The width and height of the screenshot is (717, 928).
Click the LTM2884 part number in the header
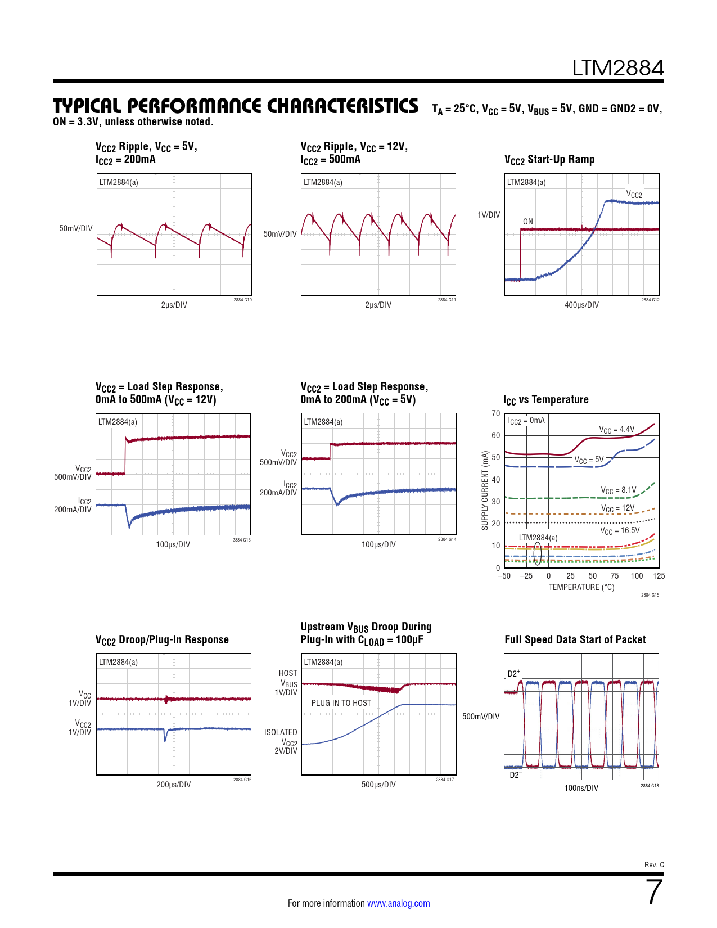click(617, 68)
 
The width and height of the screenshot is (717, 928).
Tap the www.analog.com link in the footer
click(398, 903)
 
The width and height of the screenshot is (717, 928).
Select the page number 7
click(654, 892)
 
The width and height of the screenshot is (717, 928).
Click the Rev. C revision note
click(654, 865)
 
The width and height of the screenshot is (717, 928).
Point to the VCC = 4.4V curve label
click(616, 430)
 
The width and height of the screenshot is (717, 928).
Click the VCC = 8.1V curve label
click(618, 490)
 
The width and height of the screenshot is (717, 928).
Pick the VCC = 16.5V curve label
click(619, 531)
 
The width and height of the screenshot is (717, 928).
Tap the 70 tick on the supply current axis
click(495, 413)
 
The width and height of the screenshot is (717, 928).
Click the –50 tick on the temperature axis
click(504, 576)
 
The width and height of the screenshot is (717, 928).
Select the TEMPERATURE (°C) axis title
click(581, 587)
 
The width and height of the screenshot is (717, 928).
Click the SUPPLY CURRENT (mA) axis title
click(485, 490)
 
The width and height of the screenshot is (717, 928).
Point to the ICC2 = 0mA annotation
click(526, 421)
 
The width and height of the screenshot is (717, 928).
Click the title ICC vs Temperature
click(546, 400)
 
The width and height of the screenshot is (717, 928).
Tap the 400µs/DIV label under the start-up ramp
click(581, 305)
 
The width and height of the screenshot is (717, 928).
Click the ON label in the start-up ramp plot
click(527, 222)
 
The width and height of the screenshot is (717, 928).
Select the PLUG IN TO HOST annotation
click(341, 703)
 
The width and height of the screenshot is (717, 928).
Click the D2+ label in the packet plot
click(513, 673)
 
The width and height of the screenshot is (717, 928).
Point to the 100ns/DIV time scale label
click(581, 788)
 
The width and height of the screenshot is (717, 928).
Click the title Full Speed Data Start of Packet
click(575, 640)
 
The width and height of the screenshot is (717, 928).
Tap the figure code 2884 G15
click(650, 595)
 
